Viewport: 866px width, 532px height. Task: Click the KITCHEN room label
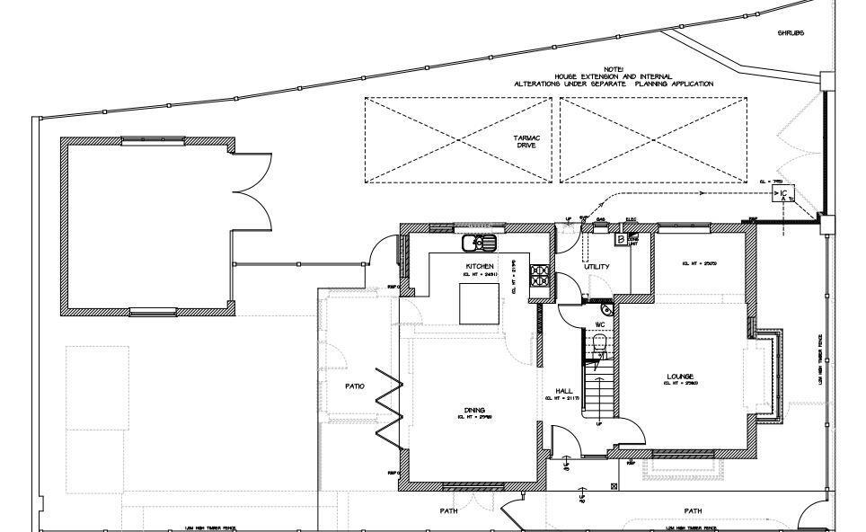pos(480,266)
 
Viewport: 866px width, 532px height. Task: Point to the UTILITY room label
pos(596,267)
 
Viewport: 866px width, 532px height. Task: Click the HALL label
pos(564,391)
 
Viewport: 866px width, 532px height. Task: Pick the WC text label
pos(600,324)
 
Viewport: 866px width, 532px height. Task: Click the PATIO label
pos(355,386)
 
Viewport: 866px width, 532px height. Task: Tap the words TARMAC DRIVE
pos(526,141)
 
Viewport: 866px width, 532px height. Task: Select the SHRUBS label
pos(791,33)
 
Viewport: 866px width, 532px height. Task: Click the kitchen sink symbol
pos(479,243)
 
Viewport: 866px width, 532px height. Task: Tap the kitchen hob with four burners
pos(541,275)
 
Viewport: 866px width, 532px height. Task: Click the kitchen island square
pos(479,303)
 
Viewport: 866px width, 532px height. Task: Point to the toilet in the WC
pos(600,345)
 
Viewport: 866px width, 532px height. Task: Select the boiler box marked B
pos(620,240)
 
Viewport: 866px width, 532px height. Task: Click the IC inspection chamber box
pos(783,194)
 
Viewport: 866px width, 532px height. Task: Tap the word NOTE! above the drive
pos(614,67)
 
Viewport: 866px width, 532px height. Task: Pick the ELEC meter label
pos(631,219)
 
